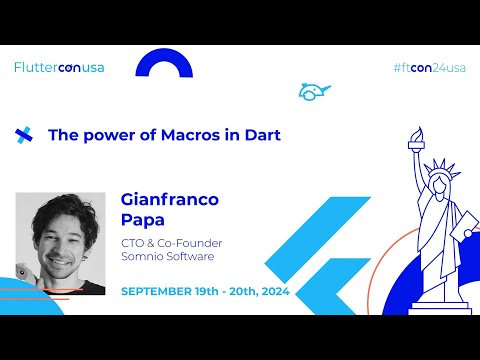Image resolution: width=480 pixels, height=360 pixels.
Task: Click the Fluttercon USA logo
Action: click(x=59, y=68)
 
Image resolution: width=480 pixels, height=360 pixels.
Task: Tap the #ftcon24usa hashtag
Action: click(x=430, y=68)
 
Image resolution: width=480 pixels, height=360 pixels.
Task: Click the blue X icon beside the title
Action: click(x=24, y=135)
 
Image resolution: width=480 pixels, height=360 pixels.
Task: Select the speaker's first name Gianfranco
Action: click(x=169, y=199)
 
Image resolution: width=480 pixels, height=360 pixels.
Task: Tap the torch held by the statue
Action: click(x=414, y=141)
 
